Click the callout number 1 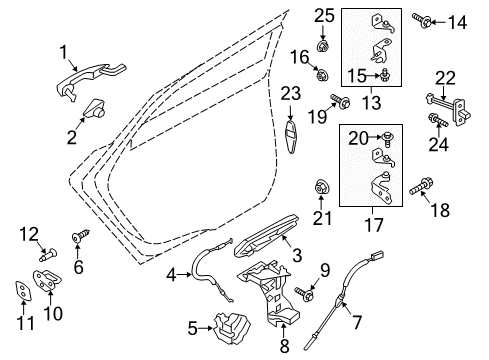point(64,51)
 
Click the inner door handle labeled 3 point(172,273)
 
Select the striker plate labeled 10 point(22,290)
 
